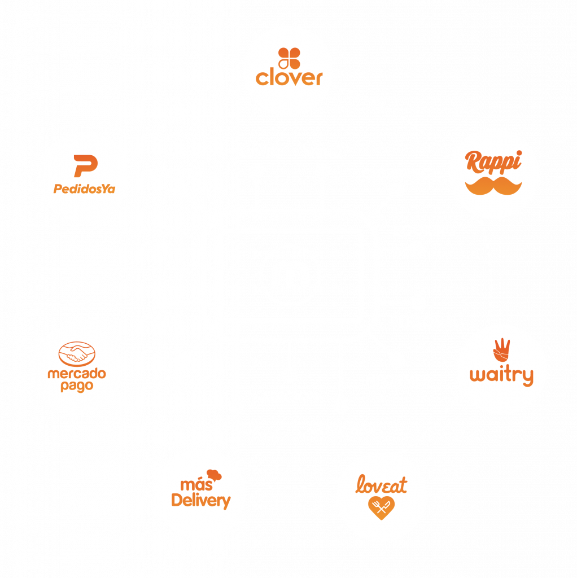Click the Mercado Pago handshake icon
coord(77,354)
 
